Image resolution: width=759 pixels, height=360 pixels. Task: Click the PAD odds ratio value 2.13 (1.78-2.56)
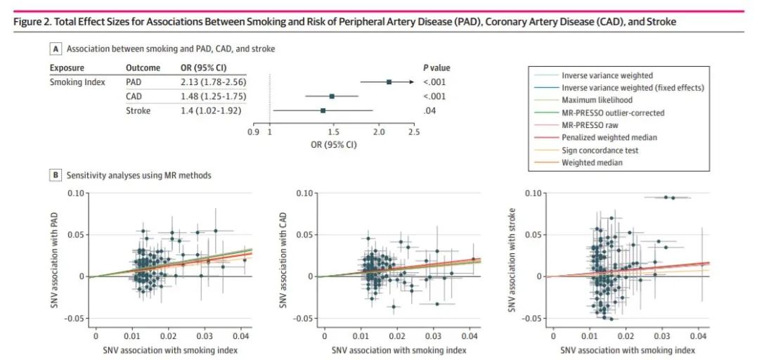click(x=187, y=82)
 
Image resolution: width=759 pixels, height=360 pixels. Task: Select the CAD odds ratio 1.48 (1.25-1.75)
click(x=187, y=96)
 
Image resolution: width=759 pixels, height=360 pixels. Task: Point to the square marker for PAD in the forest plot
click(x=389, y=82)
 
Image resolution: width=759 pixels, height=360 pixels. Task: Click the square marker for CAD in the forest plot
click(x=332, y=96)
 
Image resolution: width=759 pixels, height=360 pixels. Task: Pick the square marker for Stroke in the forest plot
click(x=323, y=110)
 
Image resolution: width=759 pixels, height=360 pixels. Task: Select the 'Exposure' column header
click(x=67, y=68)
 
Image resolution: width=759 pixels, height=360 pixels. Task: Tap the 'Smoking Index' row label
click(x=77, y=82)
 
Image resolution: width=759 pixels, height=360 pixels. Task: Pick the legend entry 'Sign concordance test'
click(x=599, y=150)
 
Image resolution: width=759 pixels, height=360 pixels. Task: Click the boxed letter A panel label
click(x=55, y=49)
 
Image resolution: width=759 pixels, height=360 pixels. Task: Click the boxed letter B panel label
click(x=55, y=174)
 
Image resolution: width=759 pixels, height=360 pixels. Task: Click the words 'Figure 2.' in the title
click(x=31, y=22)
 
